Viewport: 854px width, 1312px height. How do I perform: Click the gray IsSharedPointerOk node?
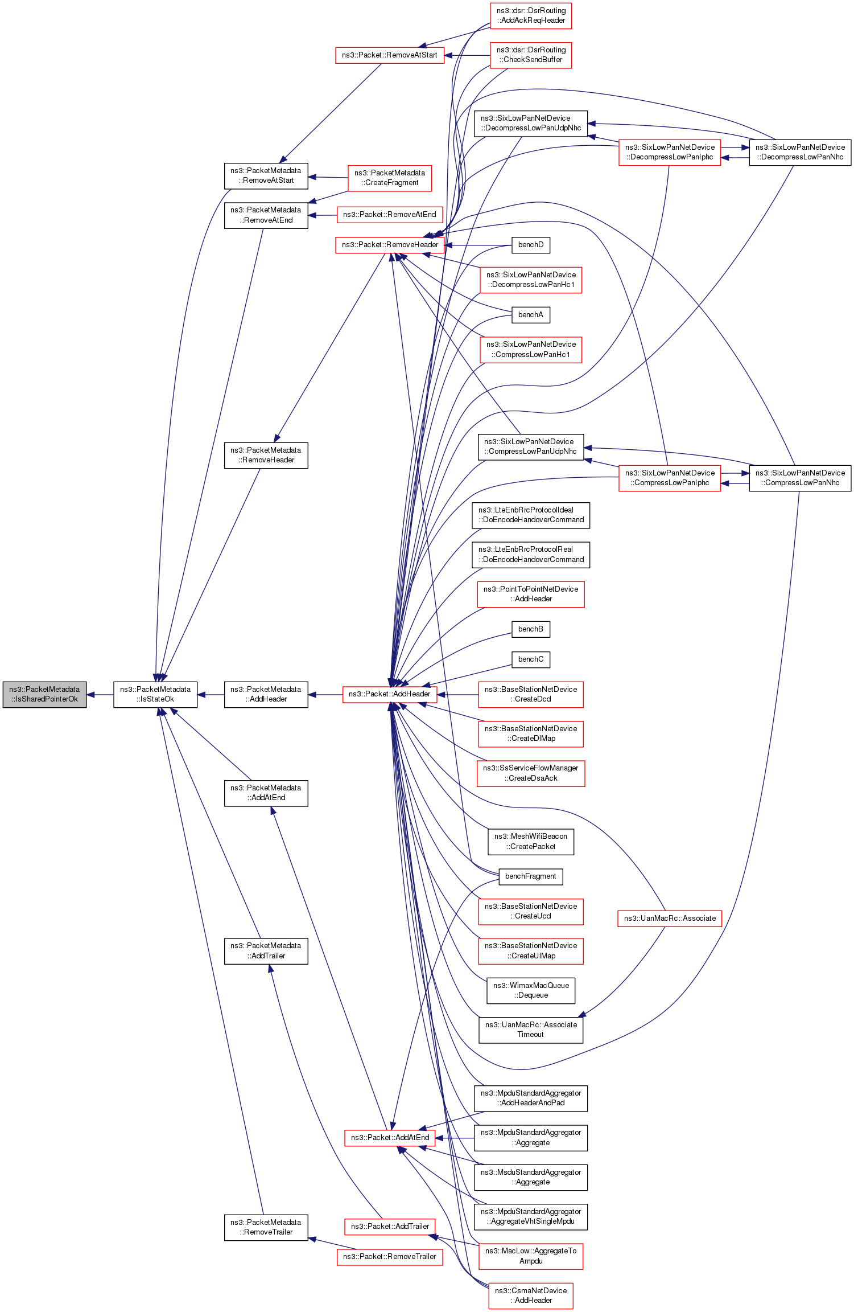[44, 694]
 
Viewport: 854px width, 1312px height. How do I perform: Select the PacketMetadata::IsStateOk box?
[155, 694]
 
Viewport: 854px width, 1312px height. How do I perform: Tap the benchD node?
[530, 245]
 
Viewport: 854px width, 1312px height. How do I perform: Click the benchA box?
[530, 315]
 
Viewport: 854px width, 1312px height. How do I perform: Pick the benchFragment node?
[530, 876]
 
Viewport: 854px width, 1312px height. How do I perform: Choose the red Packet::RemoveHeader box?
[390, 245]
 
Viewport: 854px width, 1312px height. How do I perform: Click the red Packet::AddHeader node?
[390, 694]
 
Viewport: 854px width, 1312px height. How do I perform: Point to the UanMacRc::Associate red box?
[669, 919]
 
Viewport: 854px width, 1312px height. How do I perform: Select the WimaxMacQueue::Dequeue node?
[530, 990]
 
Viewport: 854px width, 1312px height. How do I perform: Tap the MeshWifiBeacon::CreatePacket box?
[530, 842]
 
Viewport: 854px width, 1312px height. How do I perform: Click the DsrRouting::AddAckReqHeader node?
[530, 15]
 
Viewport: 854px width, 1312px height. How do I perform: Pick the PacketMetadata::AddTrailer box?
[266, 951]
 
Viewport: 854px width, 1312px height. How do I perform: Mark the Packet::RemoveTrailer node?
[390, 1257]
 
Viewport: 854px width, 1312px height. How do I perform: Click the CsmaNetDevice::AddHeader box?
[530, 1295]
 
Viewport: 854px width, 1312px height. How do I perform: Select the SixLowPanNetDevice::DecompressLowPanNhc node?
[800, 152]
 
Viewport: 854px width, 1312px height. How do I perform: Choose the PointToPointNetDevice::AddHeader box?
[530, 594]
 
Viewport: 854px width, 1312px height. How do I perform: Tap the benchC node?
[530, 659]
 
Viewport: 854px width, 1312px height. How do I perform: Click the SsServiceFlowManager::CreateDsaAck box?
[530, 773]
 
